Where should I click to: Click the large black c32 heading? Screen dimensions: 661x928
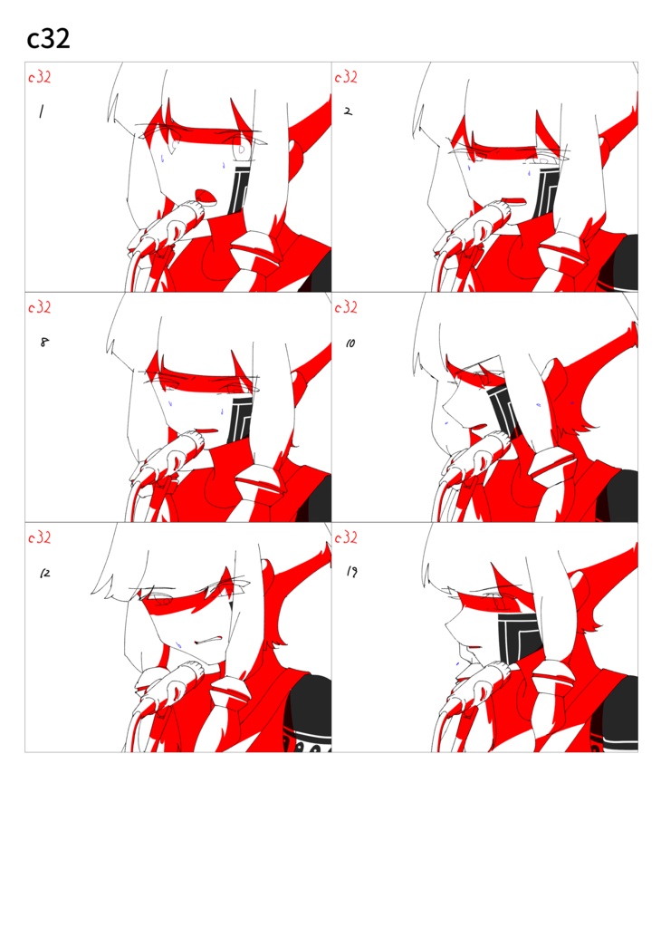click(x=49, y=39)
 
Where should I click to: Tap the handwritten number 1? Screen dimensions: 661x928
click(x=42, y=111)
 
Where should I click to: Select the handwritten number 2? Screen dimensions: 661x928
click(x=349, y=111)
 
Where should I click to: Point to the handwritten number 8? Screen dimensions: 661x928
click(x=44, y=342)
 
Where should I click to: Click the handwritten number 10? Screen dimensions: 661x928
click(x=350, y=343)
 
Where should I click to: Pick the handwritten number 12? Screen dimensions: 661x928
click(x=45, y=573)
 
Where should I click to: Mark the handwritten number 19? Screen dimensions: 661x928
click(x=352, y=571)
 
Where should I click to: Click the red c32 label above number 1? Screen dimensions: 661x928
click(x=40, y=77)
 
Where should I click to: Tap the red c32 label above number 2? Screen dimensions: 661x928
click(x=346, y=77)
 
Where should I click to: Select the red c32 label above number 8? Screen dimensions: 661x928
click(x=40, y=307)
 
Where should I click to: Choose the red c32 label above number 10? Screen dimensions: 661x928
click(x=346, y=307)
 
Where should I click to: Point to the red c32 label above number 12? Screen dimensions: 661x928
click(x=40, y=537)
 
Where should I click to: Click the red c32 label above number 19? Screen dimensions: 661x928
click(x=346, y=537)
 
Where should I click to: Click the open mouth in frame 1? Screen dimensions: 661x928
click(x=206, y=196)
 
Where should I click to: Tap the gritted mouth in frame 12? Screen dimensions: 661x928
click(x=209, y=641)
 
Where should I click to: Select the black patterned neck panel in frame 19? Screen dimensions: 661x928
click(x=519, y=637)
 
